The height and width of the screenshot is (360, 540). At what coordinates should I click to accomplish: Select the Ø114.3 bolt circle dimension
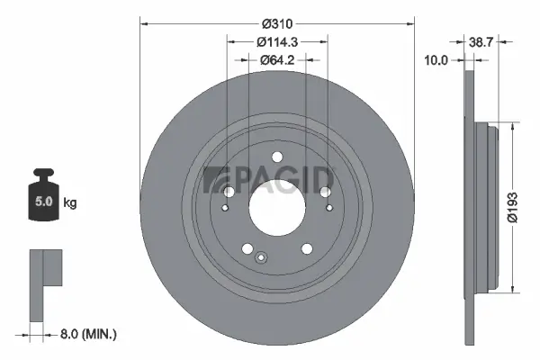pyautogui.click(x=277, y=41)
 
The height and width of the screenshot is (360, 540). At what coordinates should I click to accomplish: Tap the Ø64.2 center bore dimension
pyautogui.click(x=277, y=60)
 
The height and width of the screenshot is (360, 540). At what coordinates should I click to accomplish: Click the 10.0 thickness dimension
pyautogui.click(x=436, y=60)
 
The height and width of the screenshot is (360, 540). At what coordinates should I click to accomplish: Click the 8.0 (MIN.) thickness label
pyautogui.click(x=87, y=334)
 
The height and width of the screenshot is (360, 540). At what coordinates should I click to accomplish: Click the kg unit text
pyautogui.click(x=70, y=202)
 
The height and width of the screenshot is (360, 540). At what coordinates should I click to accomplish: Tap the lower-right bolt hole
pyautogui.click(x=306, y=248)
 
